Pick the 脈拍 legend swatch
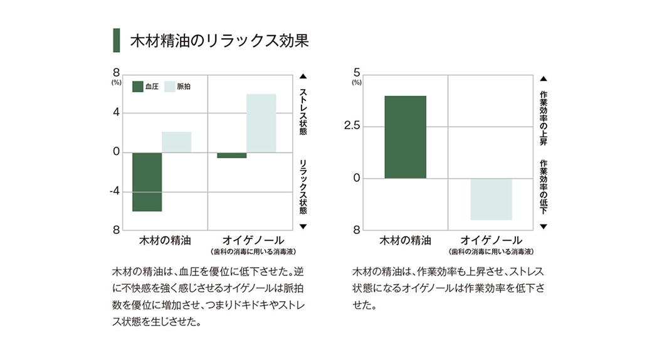[169, 86]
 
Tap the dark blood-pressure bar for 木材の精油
[147, 182]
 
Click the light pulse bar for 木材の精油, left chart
[176, 142]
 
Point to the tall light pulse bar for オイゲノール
[261, 123]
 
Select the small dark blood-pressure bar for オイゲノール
[232, 155]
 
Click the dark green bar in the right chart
[405, 137]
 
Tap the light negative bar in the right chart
[491, 199]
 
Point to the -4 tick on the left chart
[115, 191]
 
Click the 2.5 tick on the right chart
[352, 126]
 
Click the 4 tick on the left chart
[116, 113]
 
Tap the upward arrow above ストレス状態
[303, 77]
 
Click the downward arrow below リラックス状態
[303, 226]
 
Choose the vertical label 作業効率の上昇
[543, 119]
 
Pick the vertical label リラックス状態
[303, 187]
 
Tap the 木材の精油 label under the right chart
[405, 240]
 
